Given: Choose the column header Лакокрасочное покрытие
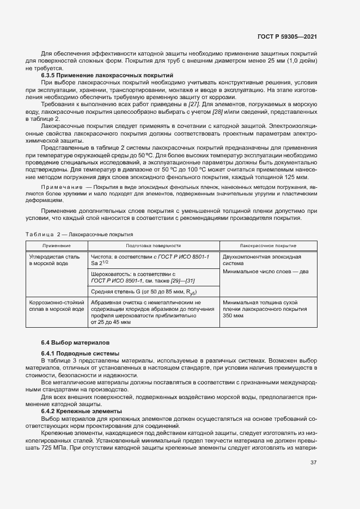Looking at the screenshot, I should (x=268, y=246).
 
